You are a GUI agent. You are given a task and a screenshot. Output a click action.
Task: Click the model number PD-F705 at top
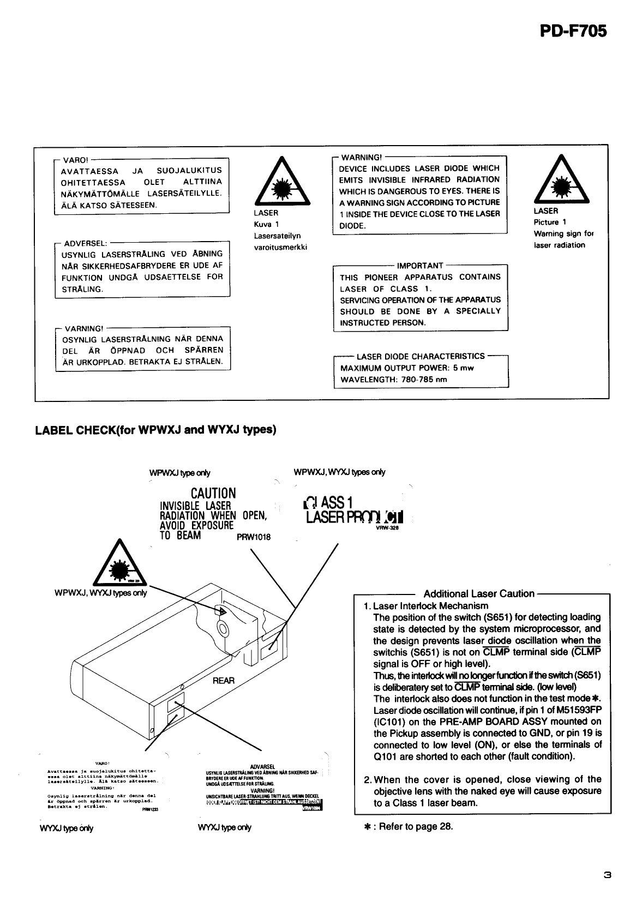click(573, 32)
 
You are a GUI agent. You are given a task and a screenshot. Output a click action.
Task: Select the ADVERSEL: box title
click(86, 243)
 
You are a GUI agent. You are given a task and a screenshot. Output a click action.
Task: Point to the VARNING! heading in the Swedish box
click(83, 329)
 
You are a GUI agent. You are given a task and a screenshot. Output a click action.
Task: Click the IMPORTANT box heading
click(420, 266)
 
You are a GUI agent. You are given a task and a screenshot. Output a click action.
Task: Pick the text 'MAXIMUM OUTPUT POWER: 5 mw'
click(407, 368)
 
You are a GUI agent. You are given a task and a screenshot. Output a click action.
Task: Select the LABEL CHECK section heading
click(155, 430)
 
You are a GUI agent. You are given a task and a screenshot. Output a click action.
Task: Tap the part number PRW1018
click(254, 537)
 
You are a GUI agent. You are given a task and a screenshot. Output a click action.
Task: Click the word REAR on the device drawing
click(224, 681)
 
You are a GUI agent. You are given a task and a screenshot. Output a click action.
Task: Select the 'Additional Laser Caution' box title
click(478, 594)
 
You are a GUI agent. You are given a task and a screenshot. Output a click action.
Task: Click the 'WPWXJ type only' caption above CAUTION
click(179, 473)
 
